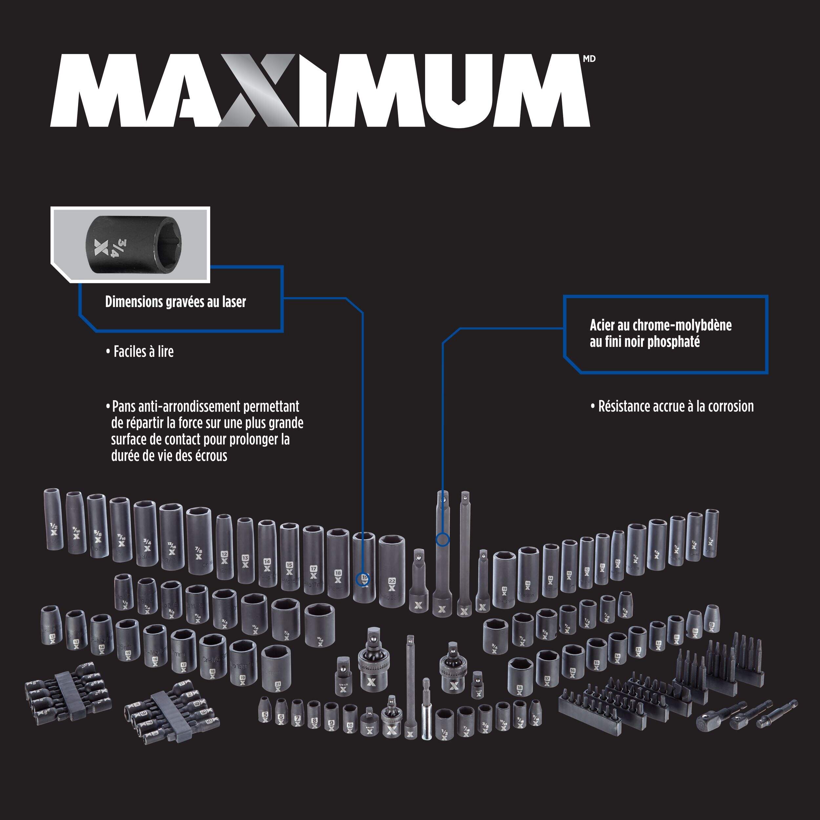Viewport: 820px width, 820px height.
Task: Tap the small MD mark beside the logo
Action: point(589,59)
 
